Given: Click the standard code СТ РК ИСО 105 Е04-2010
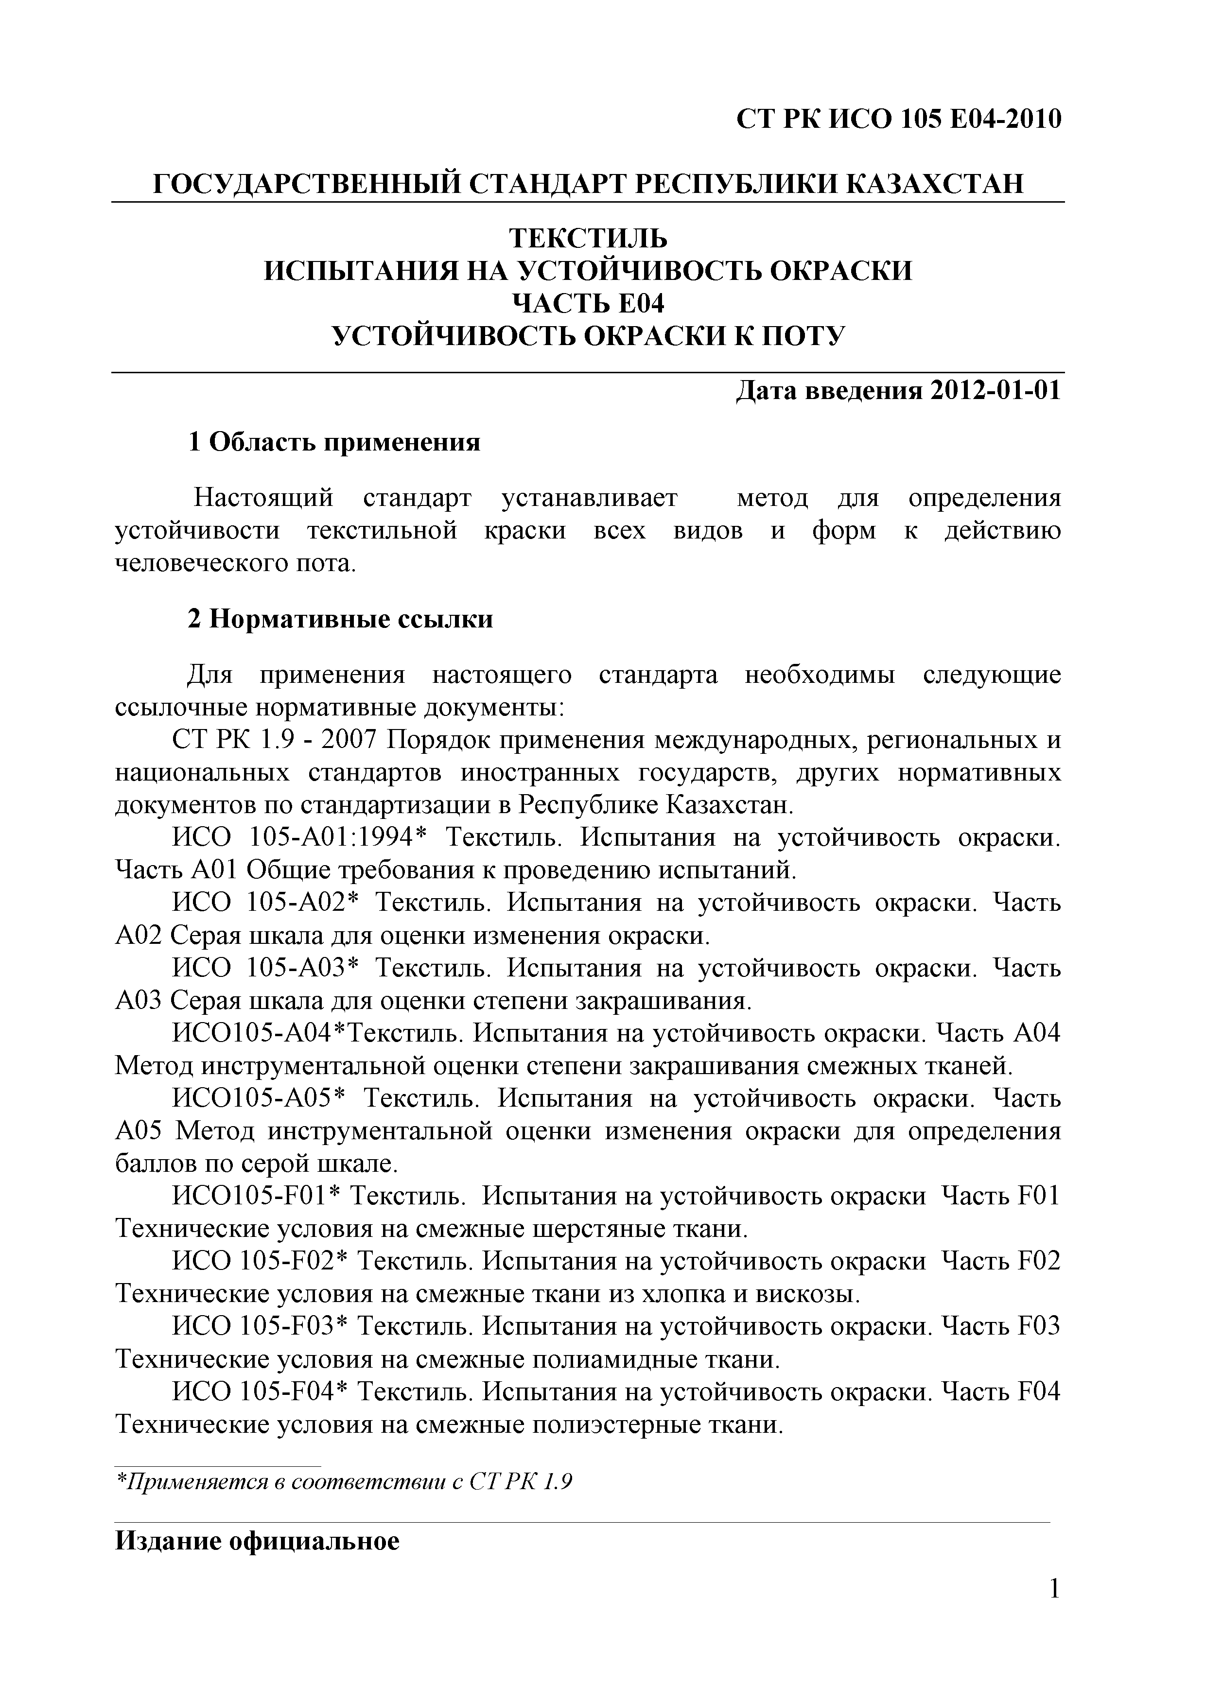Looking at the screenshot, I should [x=898, y=119].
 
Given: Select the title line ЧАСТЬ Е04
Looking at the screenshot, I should [x=588, y=303].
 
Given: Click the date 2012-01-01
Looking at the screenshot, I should [x=994, y=390].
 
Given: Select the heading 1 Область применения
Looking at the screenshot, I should [x=334, y=443].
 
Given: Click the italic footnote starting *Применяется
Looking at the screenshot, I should [x=344, y=1482].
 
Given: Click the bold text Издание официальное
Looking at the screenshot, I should [x=258, y=1541].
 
